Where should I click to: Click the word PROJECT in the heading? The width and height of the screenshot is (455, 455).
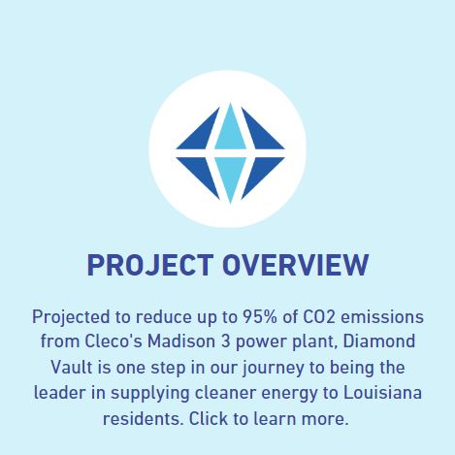coord(150,265)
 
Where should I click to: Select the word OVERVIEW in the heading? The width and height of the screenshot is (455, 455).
coord(296,265)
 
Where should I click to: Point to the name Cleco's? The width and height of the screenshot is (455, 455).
coord(114,341)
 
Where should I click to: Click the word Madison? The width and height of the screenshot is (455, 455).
coord(181,341)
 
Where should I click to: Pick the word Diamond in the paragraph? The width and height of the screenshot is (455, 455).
coord(379,341)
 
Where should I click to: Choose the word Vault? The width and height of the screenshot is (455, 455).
coord(72,368)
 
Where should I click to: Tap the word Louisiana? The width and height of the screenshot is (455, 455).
coord(382,393)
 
